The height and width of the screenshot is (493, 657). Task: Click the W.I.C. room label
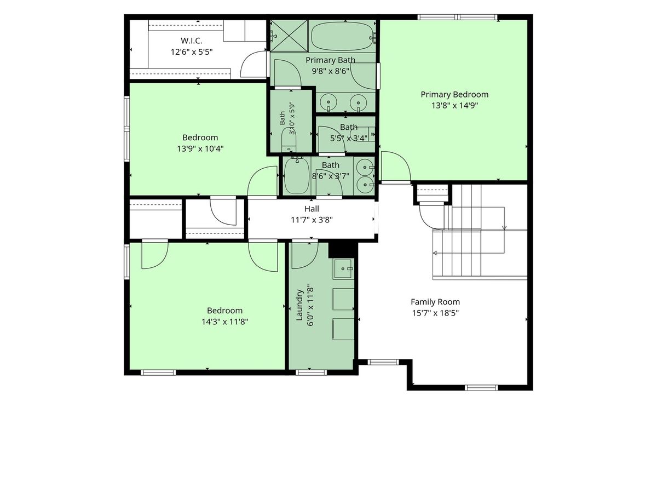point(191,41)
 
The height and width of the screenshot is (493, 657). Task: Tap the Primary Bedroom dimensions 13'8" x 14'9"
point(454,105)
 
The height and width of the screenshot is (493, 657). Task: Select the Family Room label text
point(435,302)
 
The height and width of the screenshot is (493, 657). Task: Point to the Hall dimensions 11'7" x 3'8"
point(312,220)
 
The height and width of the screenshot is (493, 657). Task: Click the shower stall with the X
point(289,36)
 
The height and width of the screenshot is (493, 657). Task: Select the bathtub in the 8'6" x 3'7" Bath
point(296,176)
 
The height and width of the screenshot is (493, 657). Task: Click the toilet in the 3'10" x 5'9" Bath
point(289,141)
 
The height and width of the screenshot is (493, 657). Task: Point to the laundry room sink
point(343,269)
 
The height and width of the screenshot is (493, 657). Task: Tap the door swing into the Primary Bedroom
point(396,167)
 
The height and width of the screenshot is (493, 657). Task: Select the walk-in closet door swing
point(253,64)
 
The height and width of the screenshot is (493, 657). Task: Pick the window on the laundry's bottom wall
point(311,372)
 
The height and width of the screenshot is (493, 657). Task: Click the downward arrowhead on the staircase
point(504,228)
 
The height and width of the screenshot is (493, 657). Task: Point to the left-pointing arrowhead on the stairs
point(435,253)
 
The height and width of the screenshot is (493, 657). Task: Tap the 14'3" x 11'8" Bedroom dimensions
point(225,322)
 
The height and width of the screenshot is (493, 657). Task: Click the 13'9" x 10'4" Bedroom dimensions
point(200,148)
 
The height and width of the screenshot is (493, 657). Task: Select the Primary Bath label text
point(331,60)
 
